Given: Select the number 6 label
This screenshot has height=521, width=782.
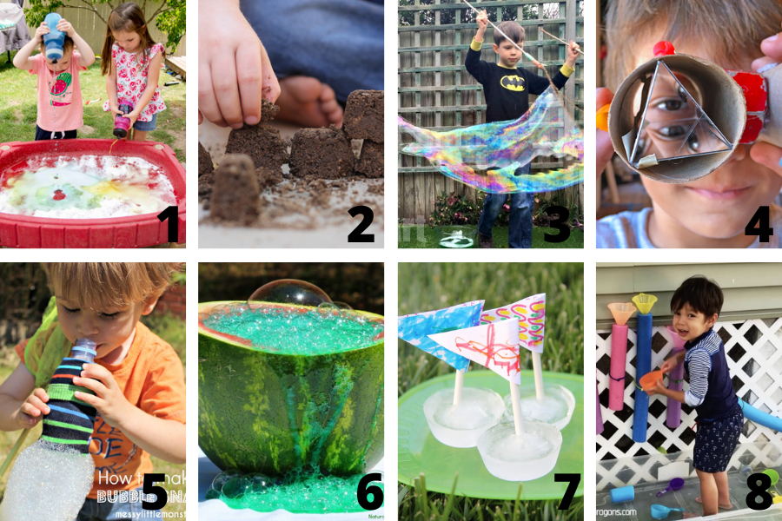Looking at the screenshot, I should click(369, 492).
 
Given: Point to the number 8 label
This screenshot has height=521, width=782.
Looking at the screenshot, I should click(759, 491).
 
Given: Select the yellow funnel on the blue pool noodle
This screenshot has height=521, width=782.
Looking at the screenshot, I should click(644, 303).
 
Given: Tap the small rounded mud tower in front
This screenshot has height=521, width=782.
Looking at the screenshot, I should click(235, 186).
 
